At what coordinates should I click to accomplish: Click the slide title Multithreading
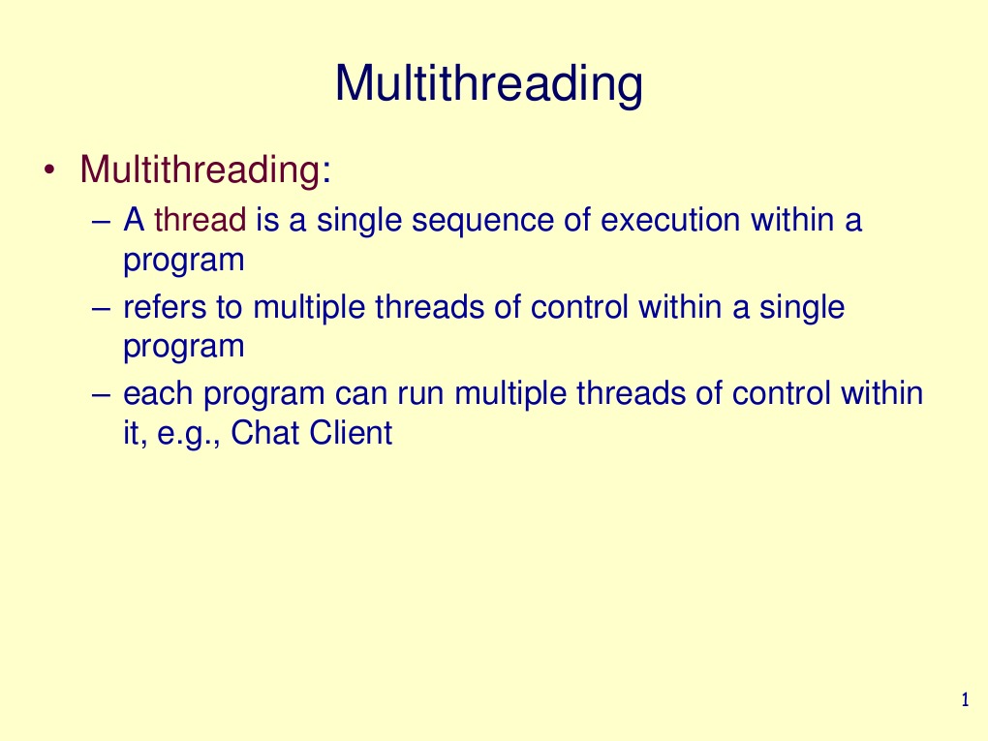488,84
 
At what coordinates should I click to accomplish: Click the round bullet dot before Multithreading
49,171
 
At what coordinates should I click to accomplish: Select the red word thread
201,221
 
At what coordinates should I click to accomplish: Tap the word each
159,394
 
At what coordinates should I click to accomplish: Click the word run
421,394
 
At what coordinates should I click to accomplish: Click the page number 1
964,700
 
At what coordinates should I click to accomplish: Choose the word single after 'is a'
359,221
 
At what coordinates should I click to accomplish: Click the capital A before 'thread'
134,221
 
